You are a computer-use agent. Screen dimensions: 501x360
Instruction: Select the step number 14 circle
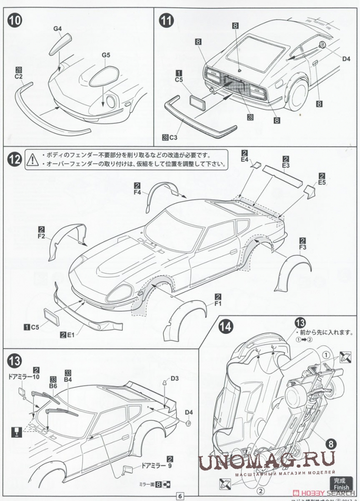point(226,326)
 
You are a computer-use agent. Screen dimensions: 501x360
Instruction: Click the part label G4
point(57,29)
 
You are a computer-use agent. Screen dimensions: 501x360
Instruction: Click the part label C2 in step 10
point(19,77)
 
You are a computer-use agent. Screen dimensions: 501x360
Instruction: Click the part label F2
point(40,237)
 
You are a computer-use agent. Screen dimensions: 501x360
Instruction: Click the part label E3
point(286,166)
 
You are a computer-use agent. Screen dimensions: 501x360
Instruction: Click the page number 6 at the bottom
point(180,496)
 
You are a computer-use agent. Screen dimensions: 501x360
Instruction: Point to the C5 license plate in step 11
point(198,104)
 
